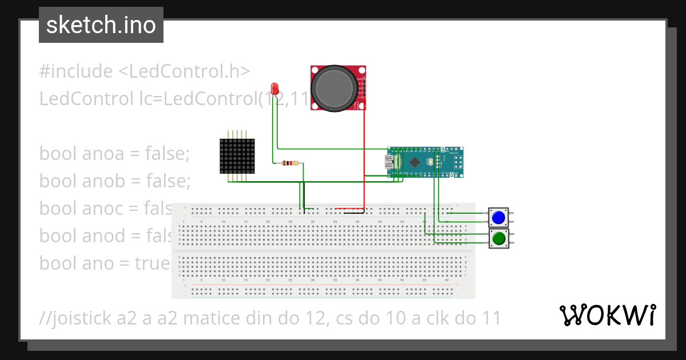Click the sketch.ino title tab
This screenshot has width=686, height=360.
(x=101, y=25)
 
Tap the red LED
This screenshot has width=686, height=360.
(x=275, y=89)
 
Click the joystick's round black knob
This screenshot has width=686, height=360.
(x=334, y=87)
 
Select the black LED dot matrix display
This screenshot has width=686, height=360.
(x=237, y=156)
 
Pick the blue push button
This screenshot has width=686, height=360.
(x=498, y=218)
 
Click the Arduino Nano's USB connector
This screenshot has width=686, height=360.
(x=390, y=162)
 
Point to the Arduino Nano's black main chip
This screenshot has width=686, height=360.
(x=417, y=161)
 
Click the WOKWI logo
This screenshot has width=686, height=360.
(x=607, y=315)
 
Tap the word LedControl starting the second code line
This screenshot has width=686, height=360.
(x=85, y=99)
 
